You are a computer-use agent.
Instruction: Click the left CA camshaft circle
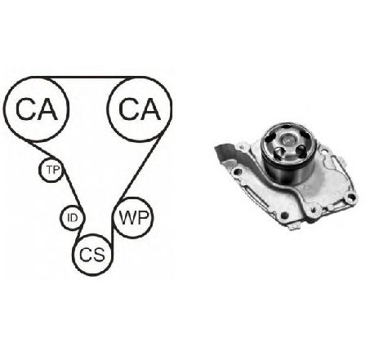pos(5,109)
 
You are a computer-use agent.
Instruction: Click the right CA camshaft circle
pos(171,109)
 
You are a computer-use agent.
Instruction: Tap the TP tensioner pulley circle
pos(40,170)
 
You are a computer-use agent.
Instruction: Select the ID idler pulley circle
pos(61,218)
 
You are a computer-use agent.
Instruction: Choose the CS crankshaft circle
pos(74,255)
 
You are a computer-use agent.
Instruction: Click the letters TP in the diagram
pos(53,170)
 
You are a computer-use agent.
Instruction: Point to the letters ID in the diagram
pos(72,218)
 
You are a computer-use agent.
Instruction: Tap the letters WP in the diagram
pos(134,218)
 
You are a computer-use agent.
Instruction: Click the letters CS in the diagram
pos(92,255)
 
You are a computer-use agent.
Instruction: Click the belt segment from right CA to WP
pos(141,167)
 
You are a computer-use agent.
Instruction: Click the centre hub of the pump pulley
pos(288,140)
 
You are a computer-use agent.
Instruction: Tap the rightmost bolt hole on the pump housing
pos(351,198)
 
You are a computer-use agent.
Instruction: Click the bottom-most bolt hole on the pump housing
pos(284,216)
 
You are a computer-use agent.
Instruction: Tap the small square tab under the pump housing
pos(294,225)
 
